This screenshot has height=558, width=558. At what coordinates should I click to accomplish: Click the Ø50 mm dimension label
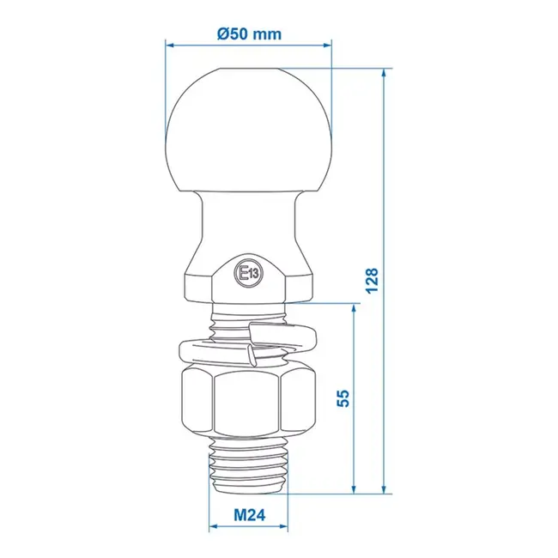(x=250, y=33)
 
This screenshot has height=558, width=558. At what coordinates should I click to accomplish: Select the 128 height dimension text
(x=371, y=280)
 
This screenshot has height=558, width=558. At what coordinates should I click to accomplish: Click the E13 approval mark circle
(x=249, y=274)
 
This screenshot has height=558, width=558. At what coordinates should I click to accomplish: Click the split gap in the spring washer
(x=250, y=352)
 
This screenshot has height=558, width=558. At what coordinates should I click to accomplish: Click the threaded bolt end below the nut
(x=248, y=468)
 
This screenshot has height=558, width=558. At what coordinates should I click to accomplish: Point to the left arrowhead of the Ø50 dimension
(x=169, y=44)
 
